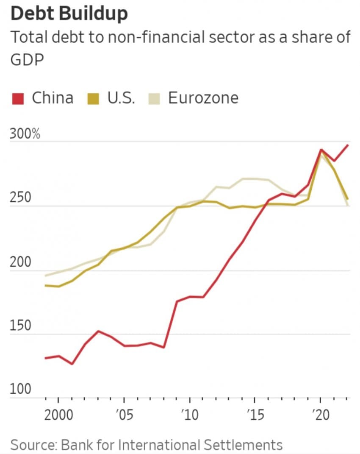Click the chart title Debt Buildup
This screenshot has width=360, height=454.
[69, 14]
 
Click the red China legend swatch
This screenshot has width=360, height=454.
[17, 99]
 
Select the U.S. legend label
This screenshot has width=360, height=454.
[121, 98]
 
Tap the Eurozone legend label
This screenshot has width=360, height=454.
[203, 98]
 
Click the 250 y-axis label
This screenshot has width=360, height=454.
[21, 198]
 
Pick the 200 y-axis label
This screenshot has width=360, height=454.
[21, 262]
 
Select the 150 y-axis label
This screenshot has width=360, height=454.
[21, 326]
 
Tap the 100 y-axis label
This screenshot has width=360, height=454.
[21, 389]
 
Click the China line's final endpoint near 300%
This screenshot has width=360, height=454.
[348, 145]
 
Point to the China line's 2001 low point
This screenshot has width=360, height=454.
[72, 364]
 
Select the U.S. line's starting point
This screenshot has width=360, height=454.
[45, 285]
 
